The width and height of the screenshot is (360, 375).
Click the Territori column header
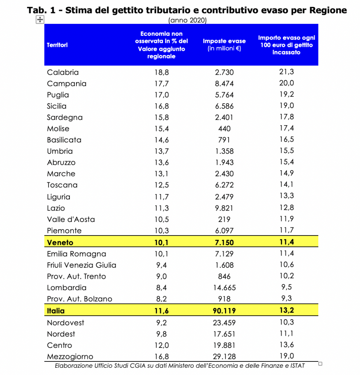57,45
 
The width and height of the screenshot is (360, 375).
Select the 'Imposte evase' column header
224,41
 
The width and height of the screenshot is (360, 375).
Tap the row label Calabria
63,72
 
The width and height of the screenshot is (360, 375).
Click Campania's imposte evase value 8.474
224,83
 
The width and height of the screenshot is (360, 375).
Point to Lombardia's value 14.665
224,287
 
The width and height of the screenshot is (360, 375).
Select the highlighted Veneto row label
60,242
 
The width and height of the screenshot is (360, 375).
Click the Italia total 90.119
224,311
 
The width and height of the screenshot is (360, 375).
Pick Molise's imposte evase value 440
224,129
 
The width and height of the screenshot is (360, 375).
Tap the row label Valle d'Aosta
71,219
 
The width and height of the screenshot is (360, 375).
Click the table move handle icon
40,20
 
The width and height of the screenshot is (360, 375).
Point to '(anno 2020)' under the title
188,20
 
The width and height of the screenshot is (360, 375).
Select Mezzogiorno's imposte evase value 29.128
224,357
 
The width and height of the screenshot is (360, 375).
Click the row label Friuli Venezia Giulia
82,265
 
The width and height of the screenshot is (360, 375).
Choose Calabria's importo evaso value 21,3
287,71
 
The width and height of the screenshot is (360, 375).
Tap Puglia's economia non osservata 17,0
161,95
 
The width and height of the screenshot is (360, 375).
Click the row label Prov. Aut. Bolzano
79,299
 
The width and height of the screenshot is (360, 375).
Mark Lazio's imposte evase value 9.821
224,208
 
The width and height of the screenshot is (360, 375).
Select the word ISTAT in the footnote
298,366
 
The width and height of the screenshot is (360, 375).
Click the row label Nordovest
66,323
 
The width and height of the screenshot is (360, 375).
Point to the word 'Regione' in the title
328,10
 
